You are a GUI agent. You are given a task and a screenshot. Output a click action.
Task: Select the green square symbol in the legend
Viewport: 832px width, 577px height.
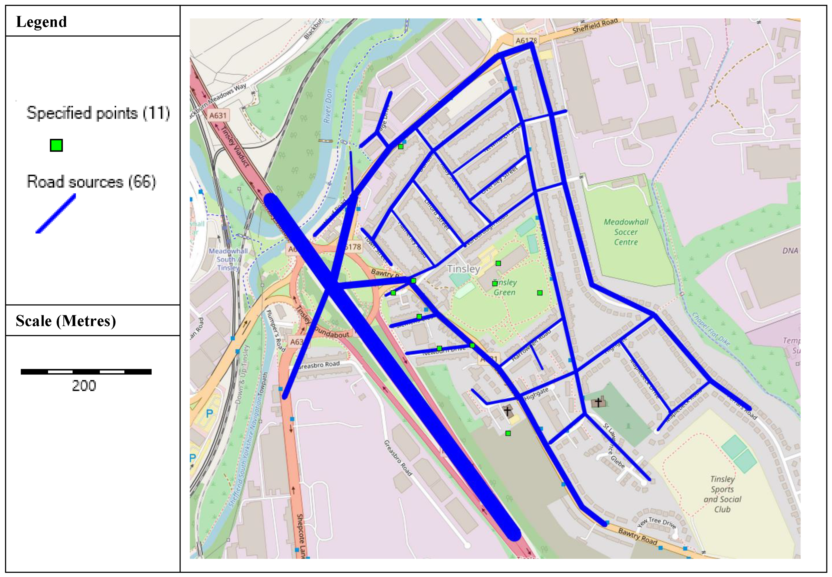click(56, 145)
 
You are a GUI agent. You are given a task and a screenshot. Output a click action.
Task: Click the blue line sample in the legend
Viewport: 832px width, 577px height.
click(56, 214)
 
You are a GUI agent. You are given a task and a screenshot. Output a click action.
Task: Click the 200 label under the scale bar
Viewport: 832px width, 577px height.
click(84, 386)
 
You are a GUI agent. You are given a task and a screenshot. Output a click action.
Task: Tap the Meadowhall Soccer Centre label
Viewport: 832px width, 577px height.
click(626, 232)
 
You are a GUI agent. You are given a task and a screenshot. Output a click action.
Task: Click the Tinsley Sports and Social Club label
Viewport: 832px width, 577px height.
click(722, 494)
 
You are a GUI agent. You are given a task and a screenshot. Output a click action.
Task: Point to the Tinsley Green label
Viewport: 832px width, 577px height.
click(505, 288)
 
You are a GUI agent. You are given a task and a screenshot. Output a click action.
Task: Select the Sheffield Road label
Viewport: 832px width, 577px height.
click(595, 26)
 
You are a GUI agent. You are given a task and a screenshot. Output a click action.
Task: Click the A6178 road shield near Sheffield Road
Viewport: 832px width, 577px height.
click(526, 40)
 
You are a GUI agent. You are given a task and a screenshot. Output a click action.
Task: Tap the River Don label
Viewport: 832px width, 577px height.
click(328, 106)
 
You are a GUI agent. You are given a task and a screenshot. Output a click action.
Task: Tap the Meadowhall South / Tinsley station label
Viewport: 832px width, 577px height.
click(228, 259)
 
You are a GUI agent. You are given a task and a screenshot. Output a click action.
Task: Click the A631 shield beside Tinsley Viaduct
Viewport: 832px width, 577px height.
click(218, 115)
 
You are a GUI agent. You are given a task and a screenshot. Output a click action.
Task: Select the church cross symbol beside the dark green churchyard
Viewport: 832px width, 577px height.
click(598, 402)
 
